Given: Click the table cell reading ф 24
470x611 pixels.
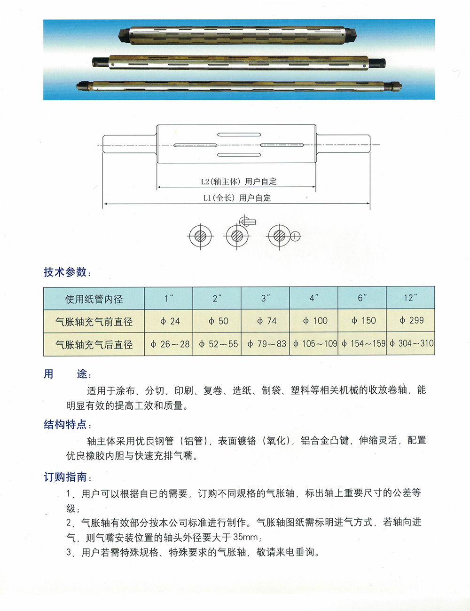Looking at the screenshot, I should pos(169,321).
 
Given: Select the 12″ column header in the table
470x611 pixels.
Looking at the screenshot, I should pos(410,298).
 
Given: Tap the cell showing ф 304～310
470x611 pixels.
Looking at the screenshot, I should pos(411,344).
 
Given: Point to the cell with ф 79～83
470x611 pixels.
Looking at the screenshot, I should pos(266,344).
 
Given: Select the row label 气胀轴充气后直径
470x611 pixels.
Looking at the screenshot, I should pos(94,345).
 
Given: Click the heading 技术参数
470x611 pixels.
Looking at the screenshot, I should pos(65,272).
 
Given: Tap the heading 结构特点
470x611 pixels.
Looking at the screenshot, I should pos(65,425).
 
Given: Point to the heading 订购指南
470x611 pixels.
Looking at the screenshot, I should pos(65,477).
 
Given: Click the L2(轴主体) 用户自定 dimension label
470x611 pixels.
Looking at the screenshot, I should pos(238,182).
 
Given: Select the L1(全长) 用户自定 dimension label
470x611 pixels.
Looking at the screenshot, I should pos(237,198).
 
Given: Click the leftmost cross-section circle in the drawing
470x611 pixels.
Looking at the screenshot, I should pos(200,236).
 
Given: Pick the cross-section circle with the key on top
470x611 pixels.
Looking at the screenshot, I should pos(237,235).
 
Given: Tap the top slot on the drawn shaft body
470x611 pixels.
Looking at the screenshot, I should pos(239,135).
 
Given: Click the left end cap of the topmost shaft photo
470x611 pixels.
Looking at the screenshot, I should pos(124,35).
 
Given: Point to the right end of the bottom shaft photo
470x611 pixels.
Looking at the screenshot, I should pos(396,86).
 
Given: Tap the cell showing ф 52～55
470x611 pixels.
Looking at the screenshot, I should pos(218,344).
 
